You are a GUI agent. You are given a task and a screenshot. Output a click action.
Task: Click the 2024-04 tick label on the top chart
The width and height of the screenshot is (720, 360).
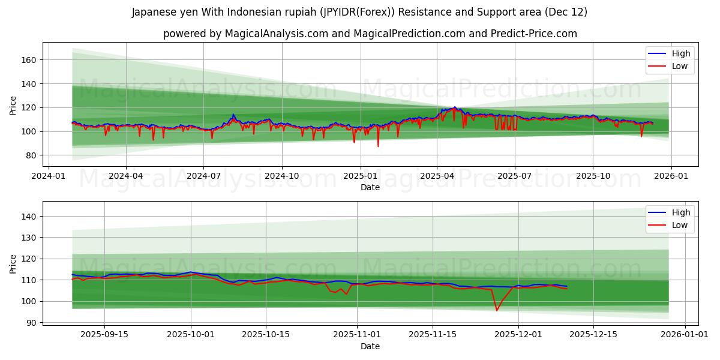(125, 176)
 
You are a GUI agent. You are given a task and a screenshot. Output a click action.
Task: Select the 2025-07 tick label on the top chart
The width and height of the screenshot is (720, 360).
(515, 176)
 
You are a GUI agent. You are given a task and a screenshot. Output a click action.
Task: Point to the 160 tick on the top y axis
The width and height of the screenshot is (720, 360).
(30, 60)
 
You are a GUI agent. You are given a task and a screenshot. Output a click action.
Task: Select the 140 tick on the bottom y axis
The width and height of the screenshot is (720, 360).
(30, 217)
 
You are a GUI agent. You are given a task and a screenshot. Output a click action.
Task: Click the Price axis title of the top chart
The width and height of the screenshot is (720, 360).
(13, 105)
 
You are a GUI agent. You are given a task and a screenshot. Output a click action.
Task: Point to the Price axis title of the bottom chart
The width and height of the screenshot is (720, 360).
(13, 264)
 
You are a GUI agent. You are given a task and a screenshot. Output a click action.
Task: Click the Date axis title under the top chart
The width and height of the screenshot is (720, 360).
(370, 187)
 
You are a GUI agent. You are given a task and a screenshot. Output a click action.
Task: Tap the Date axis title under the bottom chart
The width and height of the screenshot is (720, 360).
(370, 346)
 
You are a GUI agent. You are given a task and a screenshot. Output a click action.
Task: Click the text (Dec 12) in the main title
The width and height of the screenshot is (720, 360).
(566, 12)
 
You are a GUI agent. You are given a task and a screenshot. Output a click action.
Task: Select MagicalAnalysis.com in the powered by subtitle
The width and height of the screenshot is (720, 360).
(277, 34)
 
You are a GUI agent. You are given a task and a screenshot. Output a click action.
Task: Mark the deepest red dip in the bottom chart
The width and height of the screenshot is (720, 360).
(497, 310)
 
